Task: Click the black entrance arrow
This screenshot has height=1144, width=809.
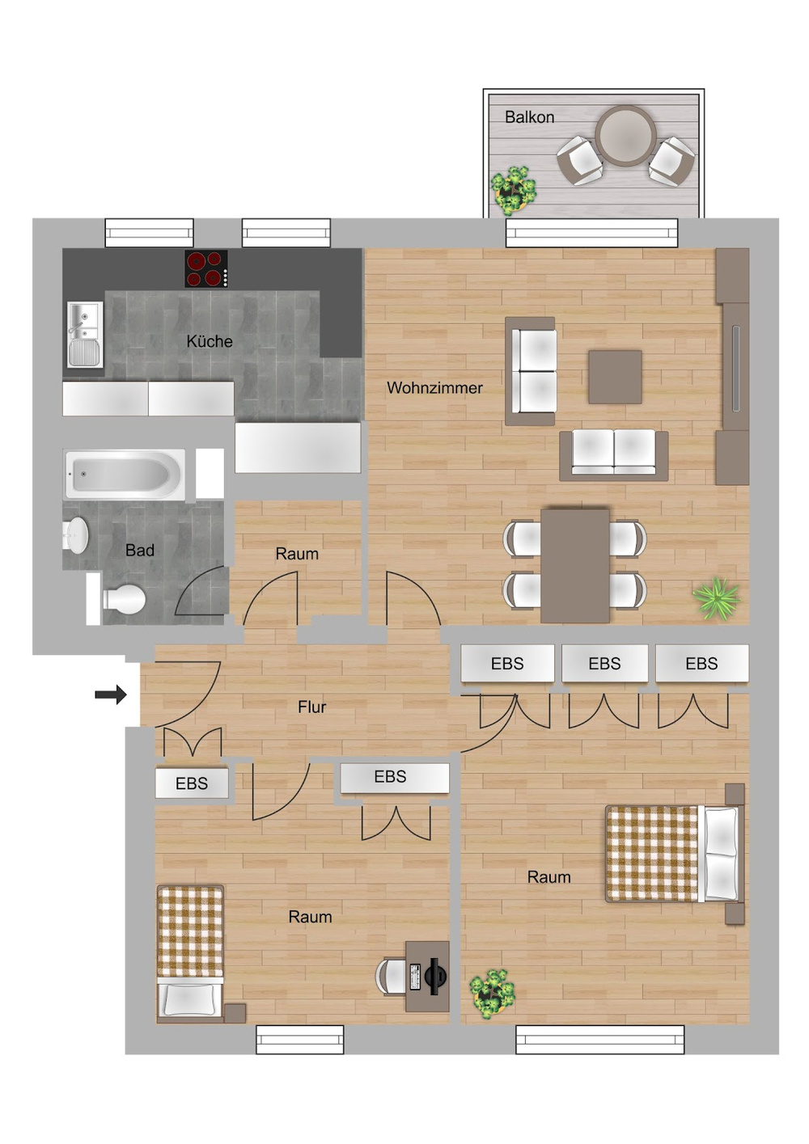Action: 111,694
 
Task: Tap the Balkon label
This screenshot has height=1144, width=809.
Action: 529,117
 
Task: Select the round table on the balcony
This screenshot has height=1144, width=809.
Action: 625,135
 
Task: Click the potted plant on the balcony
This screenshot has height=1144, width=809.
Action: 513,191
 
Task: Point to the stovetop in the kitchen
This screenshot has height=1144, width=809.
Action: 205,269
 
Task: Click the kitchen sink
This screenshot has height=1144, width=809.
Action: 84,334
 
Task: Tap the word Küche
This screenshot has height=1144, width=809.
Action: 209,341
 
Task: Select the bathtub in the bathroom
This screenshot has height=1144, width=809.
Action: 124,474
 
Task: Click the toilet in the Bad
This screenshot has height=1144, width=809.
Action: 121,599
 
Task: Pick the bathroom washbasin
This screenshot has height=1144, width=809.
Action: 76,535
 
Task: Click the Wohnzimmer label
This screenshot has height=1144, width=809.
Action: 434,388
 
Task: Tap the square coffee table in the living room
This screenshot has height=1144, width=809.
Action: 615,377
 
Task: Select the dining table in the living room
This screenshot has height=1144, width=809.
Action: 575,565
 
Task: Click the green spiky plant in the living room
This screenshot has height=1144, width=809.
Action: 716,599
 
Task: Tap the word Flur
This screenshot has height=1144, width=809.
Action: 311,707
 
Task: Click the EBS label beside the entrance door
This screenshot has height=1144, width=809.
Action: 191,783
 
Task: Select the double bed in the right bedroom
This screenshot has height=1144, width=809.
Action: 673,853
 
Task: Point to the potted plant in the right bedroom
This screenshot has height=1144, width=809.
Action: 492,994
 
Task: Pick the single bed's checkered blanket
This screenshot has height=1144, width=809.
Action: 190,931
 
